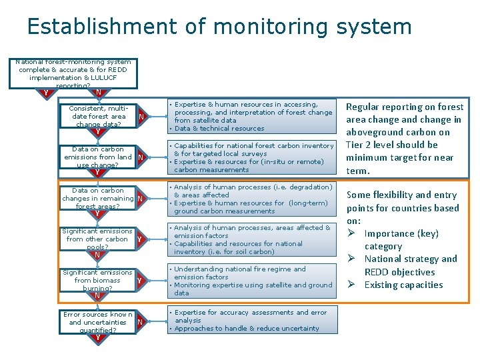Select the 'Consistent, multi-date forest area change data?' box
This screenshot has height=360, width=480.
point(98,116)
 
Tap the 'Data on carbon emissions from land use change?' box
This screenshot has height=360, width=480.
point(98,157)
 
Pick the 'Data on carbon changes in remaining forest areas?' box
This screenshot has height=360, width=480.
point(98,198)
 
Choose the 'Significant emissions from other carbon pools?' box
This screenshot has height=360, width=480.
point(98,239)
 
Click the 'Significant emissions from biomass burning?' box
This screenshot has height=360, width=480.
point(98,280)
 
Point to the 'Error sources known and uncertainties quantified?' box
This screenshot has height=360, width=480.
point(98,321)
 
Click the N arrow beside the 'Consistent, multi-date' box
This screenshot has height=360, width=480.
point(141,118)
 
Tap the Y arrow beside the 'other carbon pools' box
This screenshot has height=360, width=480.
point(139,239)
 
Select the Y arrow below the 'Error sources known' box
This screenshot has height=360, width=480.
point(98,338)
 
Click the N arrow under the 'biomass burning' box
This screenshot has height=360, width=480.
point(97,295)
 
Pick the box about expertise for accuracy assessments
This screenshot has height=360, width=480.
point(251,320)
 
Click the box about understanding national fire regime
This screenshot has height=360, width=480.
point(251,281)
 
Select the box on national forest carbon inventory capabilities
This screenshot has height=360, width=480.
point(251,157)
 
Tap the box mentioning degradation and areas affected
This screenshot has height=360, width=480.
point(251,199)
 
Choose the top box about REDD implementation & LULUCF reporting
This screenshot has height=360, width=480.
point(73,73)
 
